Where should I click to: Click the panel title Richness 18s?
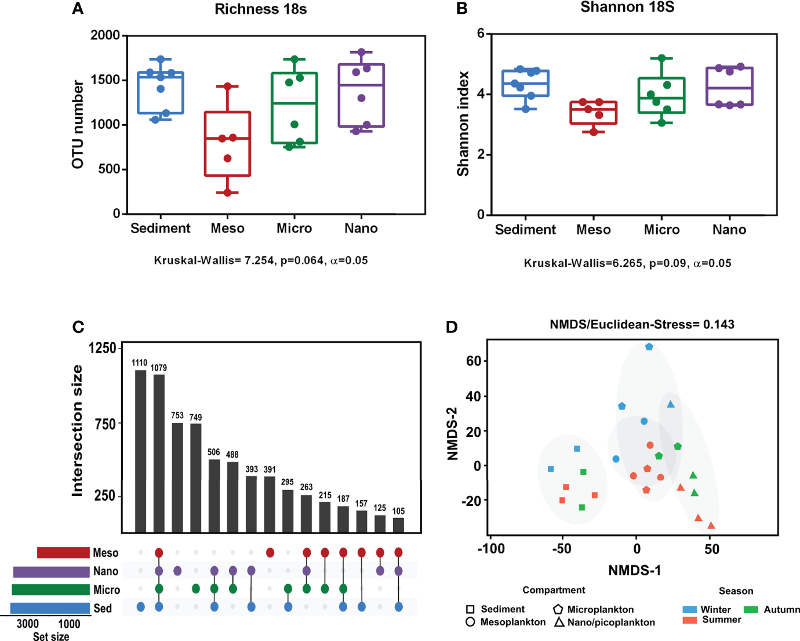click(260, 9)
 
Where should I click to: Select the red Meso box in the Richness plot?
click(227, 144)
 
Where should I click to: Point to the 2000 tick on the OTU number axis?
click(105, 35)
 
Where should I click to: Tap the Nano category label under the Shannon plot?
click(729, 230)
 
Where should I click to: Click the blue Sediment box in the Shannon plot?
click(525, 84)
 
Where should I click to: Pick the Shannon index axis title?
click(463, 124)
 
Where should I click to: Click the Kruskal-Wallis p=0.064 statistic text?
click(260, 260)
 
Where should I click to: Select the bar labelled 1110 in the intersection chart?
click(140, 451)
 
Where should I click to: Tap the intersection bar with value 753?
click(177, 477)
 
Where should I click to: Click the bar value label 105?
click(398, 511)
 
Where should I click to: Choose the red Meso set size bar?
click(63, 553)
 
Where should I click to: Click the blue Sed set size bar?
click(50, 609)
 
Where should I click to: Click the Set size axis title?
click(50, 636)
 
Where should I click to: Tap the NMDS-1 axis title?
click(634, 570)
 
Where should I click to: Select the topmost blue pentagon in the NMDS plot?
click(649, 347)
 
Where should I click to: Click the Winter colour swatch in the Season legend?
click(689, 610)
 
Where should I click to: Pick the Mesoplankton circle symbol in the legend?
click(470, 622)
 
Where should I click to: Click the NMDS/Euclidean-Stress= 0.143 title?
click(642, 324)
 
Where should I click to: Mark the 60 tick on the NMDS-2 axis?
click(474, 361)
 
